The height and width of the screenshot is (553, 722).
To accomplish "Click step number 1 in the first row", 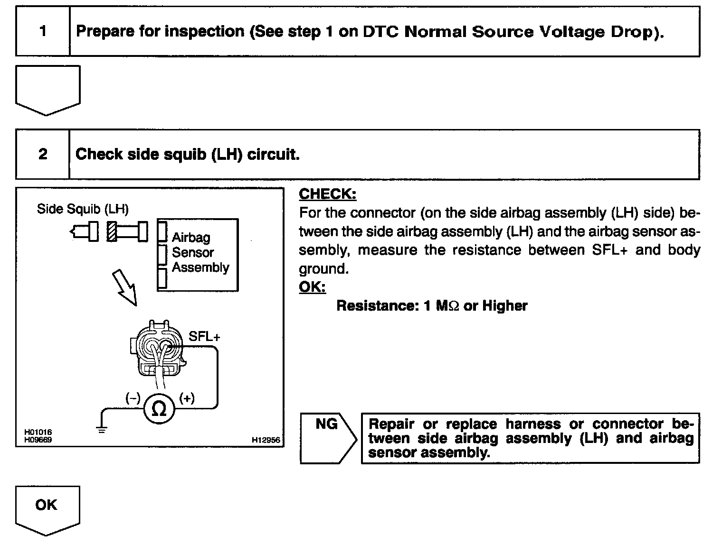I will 43,31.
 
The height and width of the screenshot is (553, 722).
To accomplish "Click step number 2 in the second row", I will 43,154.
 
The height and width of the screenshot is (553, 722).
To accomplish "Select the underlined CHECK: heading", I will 327,194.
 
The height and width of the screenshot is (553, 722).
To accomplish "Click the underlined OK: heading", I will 312,287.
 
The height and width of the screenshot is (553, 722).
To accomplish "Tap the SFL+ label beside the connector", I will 204,337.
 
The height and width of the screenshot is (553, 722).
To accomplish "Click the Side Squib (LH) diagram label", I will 83,209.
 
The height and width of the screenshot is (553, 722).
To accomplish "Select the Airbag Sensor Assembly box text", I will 199,252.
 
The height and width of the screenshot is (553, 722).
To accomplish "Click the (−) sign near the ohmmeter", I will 133,398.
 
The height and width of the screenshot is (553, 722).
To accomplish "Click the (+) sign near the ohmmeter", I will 187,398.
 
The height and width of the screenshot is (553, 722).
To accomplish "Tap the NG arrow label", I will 326,424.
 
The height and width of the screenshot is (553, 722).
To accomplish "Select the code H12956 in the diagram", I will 266,440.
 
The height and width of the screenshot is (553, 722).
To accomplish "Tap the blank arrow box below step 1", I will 47,88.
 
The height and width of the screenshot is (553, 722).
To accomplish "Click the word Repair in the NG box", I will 391,424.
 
